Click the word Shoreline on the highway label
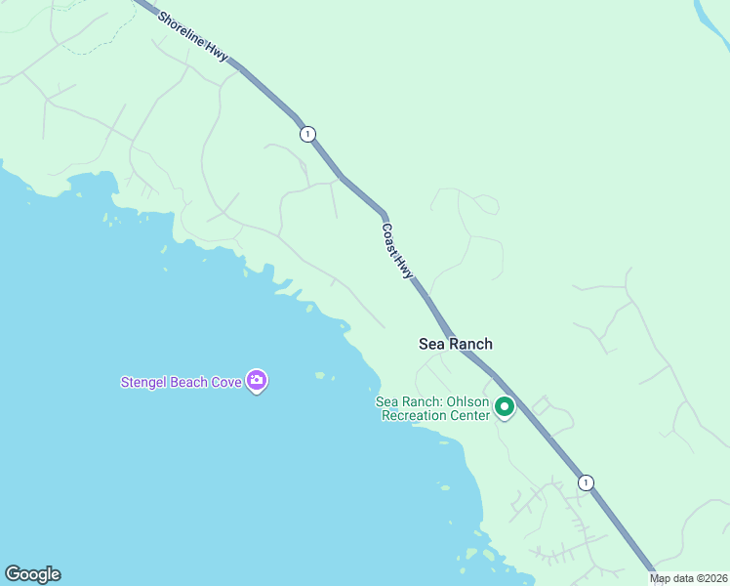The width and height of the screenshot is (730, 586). tap(182, 31)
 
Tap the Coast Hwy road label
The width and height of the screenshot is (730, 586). tap(397, 252)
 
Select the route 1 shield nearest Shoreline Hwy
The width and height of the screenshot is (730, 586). tap(307, 134)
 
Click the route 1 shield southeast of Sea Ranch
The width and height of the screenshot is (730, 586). tap(585, 482)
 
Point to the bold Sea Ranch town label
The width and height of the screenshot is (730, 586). tap(455, 344)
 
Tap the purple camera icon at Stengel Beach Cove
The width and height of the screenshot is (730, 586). tap(257, 381)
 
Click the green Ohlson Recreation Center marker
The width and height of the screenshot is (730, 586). tap(505, 406)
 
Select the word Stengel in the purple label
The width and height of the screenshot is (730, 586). tap(143, 382)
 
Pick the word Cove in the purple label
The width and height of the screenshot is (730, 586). tap(226, 382)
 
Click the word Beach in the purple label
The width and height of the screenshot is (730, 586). tap(189, 382)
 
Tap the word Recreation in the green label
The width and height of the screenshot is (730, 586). tap(413, 416)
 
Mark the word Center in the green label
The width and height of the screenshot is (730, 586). tap(468, 416)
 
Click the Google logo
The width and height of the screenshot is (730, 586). tap(32, 574)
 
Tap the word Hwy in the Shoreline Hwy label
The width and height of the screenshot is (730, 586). tap(217, 55)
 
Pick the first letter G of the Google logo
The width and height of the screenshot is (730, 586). tap(12, 574)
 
